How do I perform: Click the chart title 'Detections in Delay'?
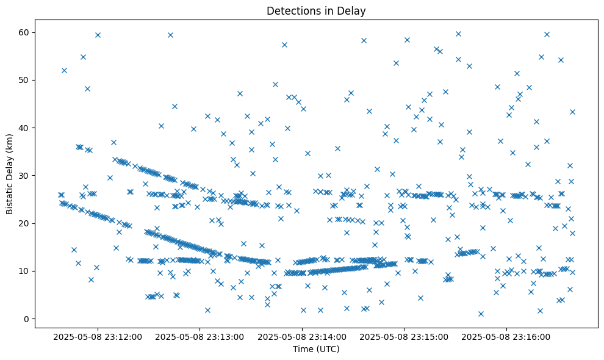click(316, 10)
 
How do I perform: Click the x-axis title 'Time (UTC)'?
click(316, 349)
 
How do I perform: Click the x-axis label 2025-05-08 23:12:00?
click(98, 336)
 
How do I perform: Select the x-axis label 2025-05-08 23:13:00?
click(200, 336)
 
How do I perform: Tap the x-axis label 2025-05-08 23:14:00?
click(302, 336)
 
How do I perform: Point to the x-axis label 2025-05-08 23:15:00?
click(404, 336)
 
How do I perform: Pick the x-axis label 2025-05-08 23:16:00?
click(506, 336)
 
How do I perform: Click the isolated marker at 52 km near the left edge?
click(64, 70)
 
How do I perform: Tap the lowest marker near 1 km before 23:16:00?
click(481, 314)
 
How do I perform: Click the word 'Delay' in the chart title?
click(353, 10)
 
